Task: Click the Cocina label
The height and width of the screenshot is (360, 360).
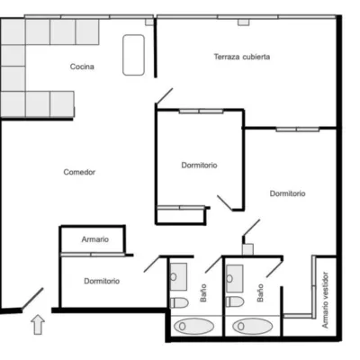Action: point(82,67)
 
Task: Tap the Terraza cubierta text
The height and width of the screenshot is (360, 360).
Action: point(242,57)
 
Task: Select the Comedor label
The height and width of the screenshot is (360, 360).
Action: point(79,172)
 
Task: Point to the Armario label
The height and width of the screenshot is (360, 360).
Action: point(95,239)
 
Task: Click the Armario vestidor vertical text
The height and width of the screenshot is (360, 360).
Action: point(325,300)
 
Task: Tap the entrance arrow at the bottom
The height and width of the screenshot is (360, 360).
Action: point(38,325)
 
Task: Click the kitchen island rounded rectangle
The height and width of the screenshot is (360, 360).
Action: point(133,55)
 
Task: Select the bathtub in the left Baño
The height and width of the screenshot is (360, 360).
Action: point(193,326)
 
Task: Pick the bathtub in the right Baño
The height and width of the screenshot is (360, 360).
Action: point(253,326)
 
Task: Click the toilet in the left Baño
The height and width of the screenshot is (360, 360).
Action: point(179,302)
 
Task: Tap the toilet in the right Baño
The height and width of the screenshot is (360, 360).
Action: point(235,301)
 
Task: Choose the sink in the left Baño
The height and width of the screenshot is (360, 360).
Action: point(178,276)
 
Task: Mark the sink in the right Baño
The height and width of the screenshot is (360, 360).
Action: point(235,278)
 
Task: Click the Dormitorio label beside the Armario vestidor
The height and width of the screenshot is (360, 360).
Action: point(288,193)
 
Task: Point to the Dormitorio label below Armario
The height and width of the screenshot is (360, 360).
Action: point(102,281)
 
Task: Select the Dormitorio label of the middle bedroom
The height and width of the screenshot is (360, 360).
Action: point(199,165)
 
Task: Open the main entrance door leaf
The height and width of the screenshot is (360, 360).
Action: point(32,298)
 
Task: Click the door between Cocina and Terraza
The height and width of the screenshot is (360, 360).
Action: point(165,96)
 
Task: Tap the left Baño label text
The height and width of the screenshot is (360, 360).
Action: point(203,292)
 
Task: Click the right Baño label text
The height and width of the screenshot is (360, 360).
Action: point(260,292)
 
